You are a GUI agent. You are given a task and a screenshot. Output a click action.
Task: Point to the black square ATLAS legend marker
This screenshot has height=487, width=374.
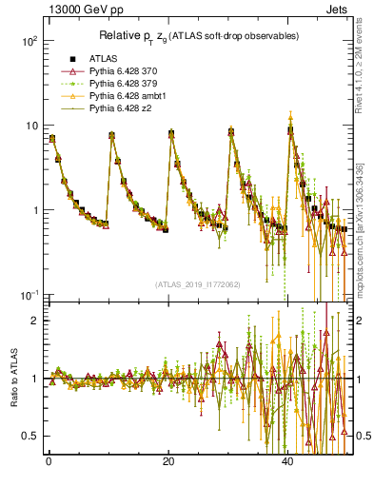[68, 59]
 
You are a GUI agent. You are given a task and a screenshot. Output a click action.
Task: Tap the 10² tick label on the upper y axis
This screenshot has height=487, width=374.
[29, 42]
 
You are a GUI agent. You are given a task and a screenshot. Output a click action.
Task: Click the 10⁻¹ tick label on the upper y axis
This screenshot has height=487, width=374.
[29, 295]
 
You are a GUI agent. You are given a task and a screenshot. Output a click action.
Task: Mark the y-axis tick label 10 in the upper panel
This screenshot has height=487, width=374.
[30, 127]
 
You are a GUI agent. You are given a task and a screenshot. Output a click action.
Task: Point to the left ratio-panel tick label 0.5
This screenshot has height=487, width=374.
[30, 436]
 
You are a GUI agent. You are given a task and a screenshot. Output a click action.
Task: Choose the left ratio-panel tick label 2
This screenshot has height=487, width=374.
[34, 321]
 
